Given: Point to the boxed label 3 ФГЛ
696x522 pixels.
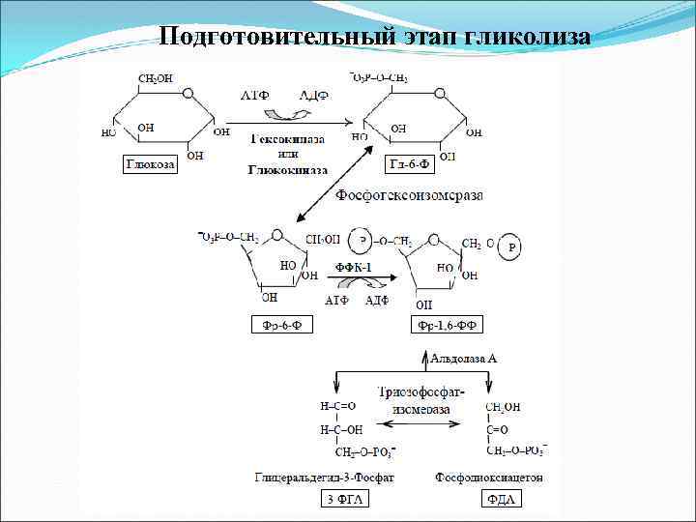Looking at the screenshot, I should coord(345,500).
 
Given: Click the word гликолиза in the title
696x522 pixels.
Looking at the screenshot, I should coord(527,36).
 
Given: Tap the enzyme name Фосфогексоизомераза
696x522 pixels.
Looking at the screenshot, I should coord(409,196).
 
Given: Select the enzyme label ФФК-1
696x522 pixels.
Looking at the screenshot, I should coord(353,267).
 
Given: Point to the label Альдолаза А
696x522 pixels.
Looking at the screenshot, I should coord(463,359).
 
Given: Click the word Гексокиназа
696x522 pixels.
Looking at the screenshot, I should coord(287,139).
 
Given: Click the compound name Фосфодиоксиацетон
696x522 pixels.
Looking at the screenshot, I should coord(490,477).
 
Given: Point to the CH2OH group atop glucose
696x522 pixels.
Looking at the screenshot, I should coord(155,78).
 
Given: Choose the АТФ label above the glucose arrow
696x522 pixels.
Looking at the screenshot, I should coord(254,95).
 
